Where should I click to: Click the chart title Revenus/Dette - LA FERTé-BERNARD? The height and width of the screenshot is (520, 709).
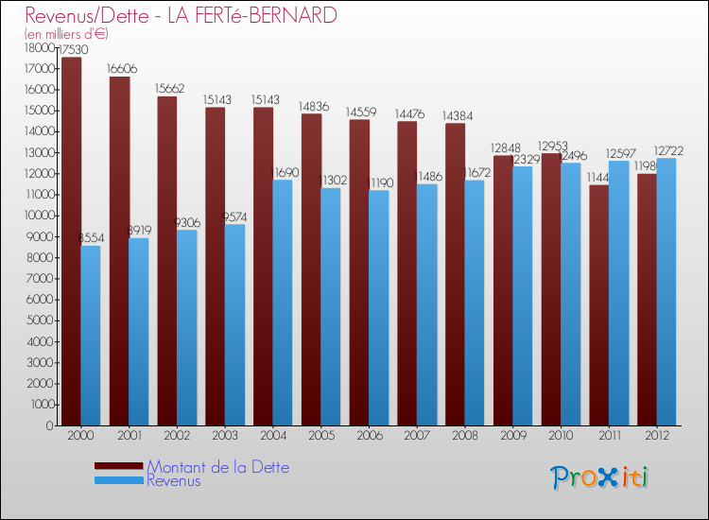(x=181, y=16)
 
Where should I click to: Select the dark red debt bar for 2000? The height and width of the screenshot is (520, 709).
(x=71, y=241)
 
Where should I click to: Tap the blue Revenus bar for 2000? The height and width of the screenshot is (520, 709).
(x=91, y=336)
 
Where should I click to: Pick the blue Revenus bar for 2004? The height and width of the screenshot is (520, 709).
(x=282, y=303)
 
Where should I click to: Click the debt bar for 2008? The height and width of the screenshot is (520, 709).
(x=455, y=274)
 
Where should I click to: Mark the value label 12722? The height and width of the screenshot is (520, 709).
(x=667, y=150)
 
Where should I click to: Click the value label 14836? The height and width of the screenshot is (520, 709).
(x=315, y=106)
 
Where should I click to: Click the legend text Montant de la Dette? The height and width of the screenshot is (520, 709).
(x=217, y=467)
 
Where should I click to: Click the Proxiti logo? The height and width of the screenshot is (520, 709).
(x=599, y=477)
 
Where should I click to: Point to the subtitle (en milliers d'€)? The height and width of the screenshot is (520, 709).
(x=67, y=33)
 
